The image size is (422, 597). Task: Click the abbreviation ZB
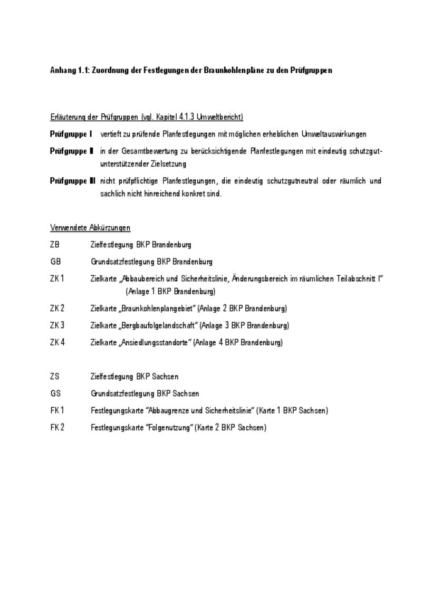point(55,245)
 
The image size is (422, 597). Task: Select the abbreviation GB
point(55,262)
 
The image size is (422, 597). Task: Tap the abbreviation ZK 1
point(57,278)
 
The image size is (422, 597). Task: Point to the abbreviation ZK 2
point(57,309)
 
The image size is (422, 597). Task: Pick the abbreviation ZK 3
point(57,325)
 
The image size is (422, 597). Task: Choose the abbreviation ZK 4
point(57,342)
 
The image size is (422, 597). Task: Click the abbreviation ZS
point(55,377)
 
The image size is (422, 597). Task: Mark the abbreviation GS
point(55,393)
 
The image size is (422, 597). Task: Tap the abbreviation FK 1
point(57,410)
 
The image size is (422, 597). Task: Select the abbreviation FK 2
point(57,427)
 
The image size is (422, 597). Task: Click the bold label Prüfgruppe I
point(71,134)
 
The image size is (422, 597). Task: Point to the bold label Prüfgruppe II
point(72,151)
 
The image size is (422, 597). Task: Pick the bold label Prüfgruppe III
point(73,181)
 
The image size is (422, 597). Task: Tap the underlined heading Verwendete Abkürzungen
point(90,228)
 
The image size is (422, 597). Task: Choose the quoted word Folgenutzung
point(172,427)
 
